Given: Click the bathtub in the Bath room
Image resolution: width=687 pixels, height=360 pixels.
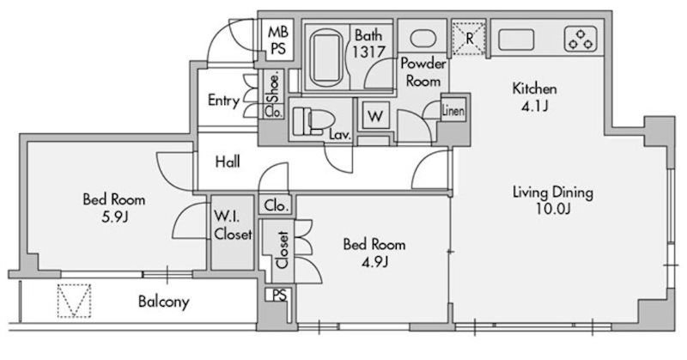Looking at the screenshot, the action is point(325,58).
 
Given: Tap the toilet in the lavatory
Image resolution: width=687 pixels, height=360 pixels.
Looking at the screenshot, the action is point(313,120).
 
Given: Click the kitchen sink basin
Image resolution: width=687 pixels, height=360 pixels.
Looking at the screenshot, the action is point(516,40).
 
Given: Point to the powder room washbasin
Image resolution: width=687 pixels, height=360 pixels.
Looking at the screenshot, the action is point(423,38).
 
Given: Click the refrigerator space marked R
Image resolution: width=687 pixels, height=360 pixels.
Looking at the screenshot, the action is point(469,39).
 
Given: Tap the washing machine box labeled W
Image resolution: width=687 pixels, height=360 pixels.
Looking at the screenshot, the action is point(375,116).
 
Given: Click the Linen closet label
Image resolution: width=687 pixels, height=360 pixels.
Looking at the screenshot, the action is point(453,111).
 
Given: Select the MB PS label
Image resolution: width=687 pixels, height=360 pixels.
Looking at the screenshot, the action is point(278,40).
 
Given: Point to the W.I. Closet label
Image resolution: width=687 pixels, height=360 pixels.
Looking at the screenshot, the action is point(233,225).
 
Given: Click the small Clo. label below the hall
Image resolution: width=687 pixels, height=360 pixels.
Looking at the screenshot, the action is point(277,205).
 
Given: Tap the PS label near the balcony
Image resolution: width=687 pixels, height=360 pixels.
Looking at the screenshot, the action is point(279,295).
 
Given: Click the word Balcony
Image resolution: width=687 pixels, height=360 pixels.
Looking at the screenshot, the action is point(164,302).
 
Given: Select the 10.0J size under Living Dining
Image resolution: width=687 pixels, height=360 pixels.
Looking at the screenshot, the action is point(553,209).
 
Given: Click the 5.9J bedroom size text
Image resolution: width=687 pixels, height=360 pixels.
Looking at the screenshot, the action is point(114,217).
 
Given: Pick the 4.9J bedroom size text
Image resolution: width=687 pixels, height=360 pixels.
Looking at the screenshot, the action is point(374,261).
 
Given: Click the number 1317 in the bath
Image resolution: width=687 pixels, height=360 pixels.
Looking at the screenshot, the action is point(369,52).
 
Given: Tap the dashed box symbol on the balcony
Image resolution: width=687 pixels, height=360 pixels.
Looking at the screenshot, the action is point(74,301).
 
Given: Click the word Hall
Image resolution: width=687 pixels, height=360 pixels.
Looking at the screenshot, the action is point(228,162).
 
